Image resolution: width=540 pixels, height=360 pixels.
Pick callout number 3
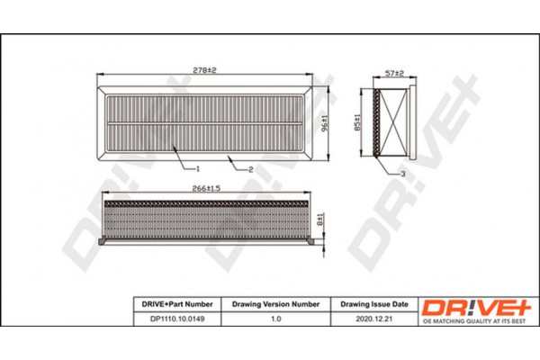tap(404, 173)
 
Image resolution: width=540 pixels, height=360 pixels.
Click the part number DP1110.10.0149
tap(175, 318)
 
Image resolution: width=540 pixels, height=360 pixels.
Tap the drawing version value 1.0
tap(276, 318)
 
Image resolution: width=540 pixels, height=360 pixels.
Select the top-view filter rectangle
tap(209, 121)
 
